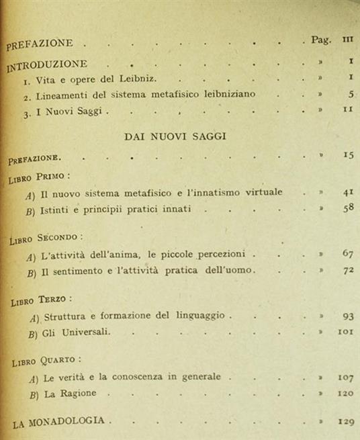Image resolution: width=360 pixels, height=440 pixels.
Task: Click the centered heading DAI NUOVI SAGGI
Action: (x=174, y=136)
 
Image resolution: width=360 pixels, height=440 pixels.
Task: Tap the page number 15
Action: (x=347, y=156)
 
